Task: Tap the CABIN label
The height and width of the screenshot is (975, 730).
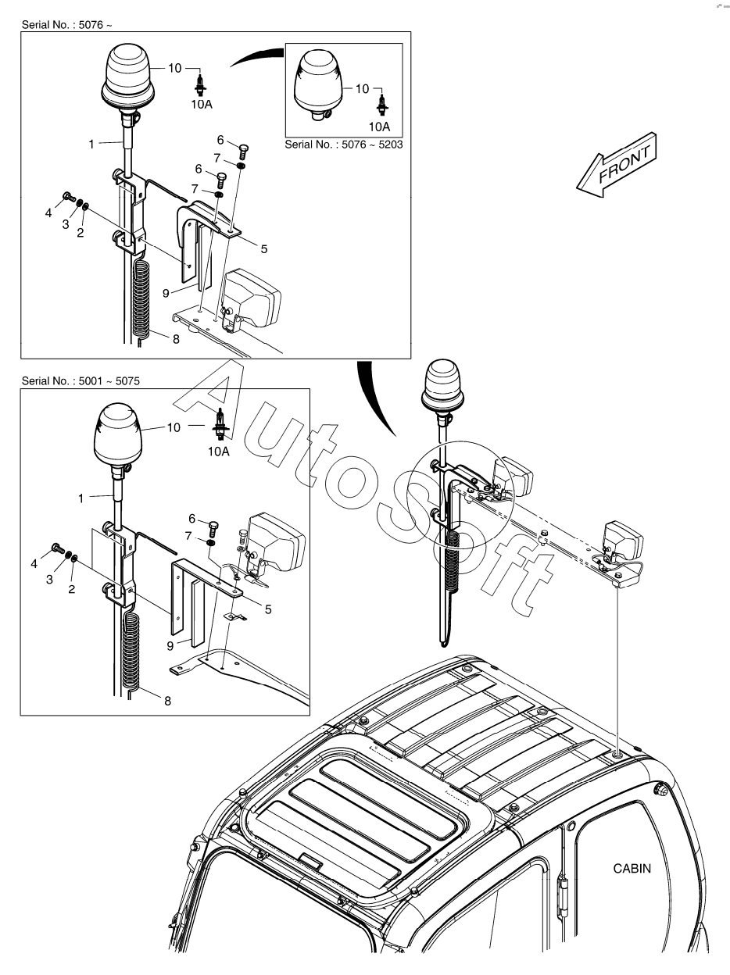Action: [x=631, y=868]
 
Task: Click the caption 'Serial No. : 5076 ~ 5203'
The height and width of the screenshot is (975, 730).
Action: [x=344, y=145]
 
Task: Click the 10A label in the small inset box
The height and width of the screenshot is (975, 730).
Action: [x=380, y=126]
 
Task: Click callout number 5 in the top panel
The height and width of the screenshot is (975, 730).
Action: [x=264, y=249]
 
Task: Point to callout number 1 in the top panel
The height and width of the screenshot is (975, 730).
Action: [x=91, y=144]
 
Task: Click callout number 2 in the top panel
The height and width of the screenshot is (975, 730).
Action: [x=80, y=232]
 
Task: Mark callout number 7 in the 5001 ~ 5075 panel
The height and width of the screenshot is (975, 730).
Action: [x=188, y=534]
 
